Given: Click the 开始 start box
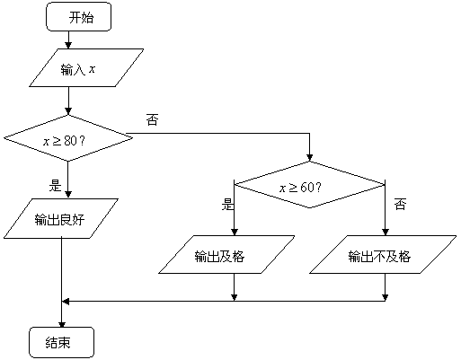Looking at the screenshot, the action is point(78,17).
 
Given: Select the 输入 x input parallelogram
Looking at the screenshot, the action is point(86,68).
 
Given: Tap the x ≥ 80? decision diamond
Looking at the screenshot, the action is point(68,138).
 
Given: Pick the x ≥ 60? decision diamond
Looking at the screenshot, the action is point(310,185).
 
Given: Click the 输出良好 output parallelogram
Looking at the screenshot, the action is point(61,219).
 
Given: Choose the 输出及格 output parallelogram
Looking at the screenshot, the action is point(226,255).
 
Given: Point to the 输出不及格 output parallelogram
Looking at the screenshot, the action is point(383,255).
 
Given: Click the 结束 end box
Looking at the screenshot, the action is point(62,343).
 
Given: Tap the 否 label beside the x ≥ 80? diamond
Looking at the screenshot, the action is point(152,119).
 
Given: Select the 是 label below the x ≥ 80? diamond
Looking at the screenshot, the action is point(55,186).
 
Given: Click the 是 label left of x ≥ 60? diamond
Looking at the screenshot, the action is point(227,205).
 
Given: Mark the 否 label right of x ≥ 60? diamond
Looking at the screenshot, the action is point(401,204).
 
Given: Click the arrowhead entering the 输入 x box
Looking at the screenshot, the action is point(68,46).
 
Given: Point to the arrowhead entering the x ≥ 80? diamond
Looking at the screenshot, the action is point(68,111).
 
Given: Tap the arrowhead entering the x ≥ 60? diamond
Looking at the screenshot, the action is point(310,158).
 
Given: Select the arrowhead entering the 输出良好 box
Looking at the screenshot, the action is point(68,195).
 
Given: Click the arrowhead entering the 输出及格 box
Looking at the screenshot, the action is point(235,232).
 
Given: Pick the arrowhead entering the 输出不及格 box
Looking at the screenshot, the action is point(386,232).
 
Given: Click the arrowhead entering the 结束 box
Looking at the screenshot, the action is point(62,324).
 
